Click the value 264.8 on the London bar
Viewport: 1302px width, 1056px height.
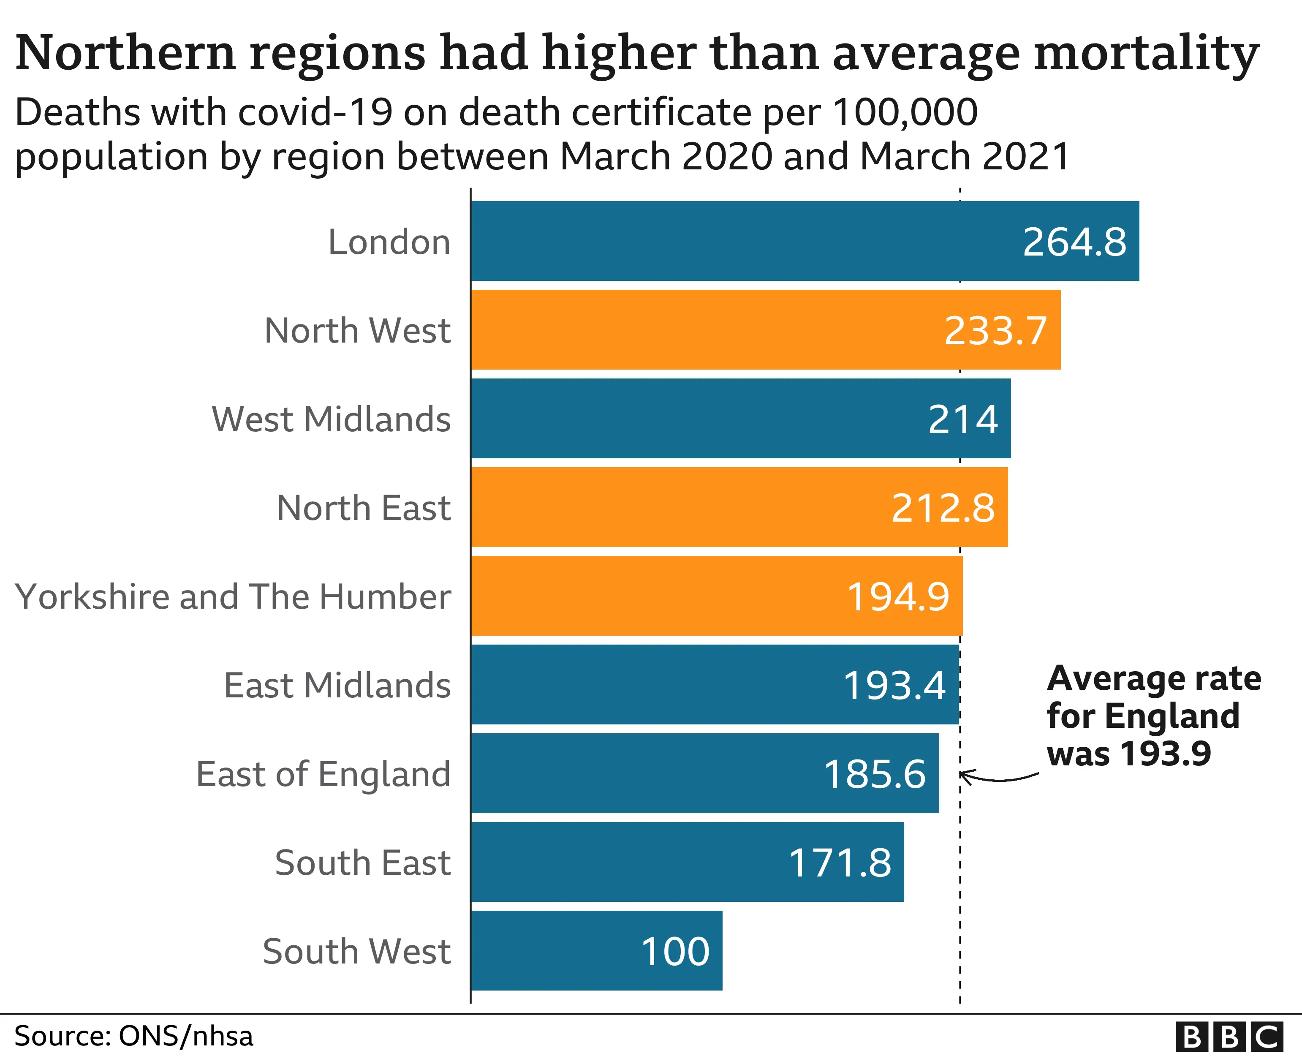click(x=1074, y=242)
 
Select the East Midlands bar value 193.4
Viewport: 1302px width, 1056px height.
click(x=894, y=686)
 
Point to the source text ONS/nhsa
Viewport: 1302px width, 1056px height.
click(x=185, y=1036)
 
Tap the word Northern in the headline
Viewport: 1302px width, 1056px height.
click(x=125, y=54)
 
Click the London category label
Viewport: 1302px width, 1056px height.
click(x=389, y=242)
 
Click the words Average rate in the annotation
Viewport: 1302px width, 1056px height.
click(x=1154, y=678)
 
